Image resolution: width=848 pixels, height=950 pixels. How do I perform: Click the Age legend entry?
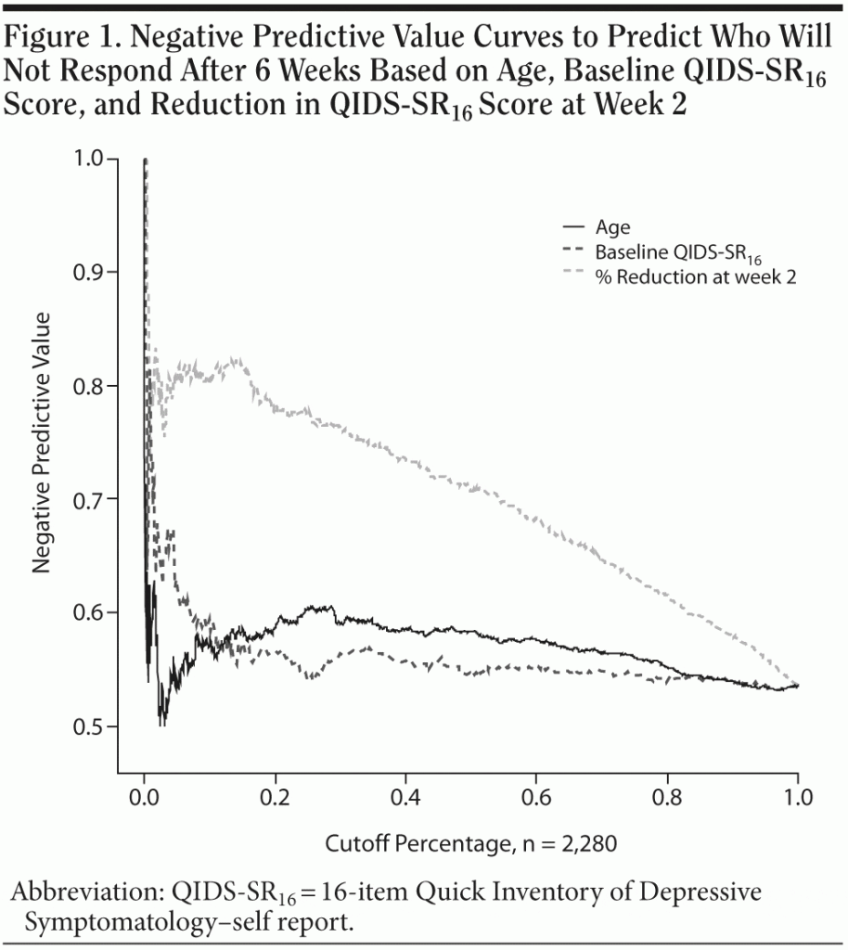point(613,225)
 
